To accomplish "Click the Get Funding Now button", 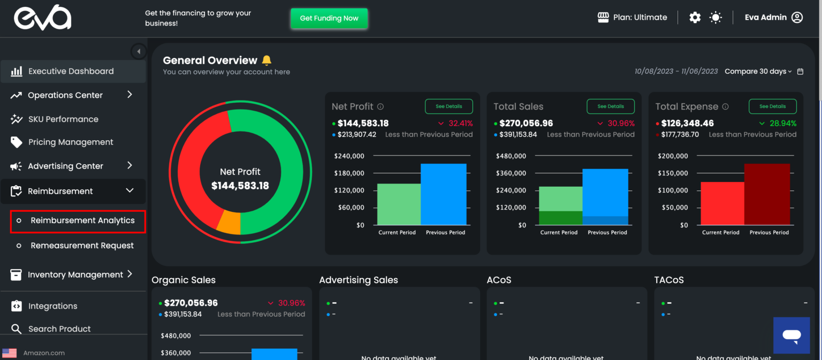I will [329, 18].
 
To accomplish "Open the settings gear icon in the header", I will [695, 18].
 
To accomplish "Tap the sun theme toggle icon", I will [716, 18].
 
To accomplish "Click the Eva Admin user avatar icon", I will [797, 18].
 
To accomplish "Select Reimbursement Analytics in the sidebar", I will [82, 220].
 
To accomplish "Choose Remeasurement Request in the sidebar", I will [82, 246].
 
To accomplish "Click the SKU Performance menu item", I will [63, 119].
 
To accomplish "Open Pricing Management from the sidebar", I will [71, 142].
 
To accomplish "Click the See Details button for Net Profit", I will [448, 106].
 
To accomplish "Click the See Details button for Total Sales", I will [610, 106].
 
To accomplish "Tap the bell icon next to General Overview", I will [267, 60].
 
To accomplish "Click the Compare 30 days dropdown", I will [758, 72].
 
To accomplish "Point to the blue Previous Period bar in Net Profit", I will [443, 194].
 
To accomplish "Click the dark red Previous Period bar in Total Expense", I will [767, 194].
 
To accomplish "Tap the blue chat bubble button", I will [791, 335].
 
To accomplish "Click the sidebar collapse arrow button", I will [139, 51].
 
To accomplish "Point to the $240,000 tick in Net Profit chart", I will [349, 156].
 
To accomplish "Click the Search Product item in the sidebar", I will [59, 329].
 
